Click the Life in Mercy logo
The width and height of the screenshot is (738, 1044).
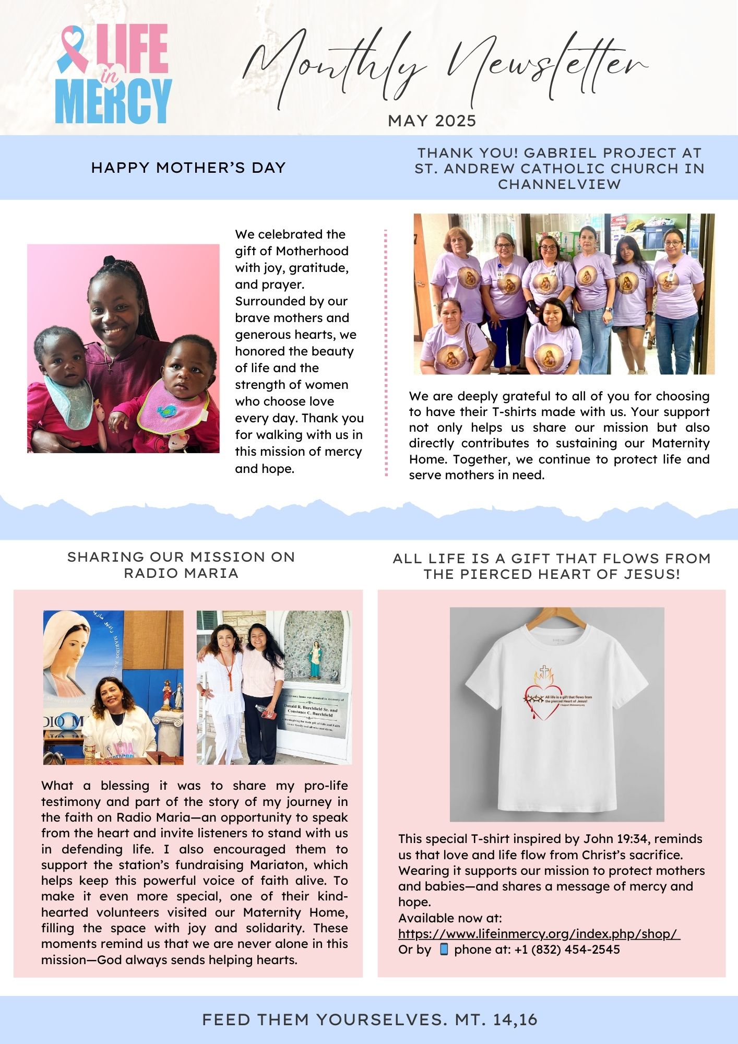pyautogui.click(x=114, y=74)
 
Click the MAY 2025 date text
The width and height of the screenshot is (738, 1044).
pyautogui.click(x=432, y=121)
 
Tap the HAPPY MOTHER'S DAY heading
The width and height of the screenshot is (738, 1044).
pyautogui.click(x=188, y=168)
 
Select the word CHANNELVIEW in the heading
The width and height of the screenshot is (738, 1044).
pyautogui.click(x=559, y=184)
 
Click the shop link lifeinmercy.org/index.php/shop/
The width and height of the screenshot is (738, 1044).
pyautogui.click(x=539, y=933)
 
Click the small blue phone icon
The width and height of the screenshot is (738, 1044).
pyautogui.click(x=444, y=949)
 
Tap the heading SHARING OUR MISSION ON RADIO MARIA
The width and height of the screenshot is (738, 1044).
pyautogui.click(x=181, y=565)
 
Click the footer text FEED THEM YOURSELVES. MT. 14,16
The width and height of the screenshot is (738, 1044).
pyautogui.click(x=370, y=1019)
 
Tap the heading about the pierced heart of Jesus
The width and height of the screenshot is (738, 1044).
pyautogui.click(x=552, y=566)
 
